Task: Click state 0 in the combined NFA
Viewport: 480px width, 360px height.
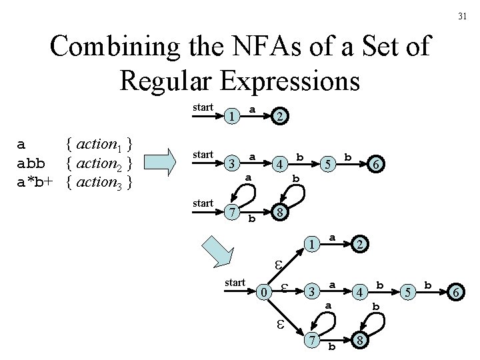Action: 265,291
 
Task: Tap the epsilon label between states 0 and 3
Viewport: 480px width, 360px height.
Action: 284,288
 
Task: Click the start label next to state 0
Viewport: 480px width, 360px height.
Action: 235,282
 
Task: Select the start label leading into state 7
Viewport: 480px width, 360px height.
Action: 202,202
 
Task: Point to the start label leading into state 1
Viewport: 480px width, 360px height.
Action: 202,107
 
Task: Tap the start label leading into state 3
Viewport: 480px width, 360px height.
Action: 202,154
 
